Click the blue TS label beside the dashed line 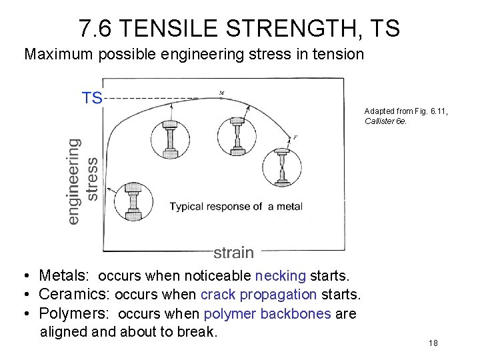[92, 98]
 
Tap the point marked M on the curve [221, 93]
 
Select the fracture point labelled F [294, 138]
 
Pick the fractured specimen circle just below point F [283, 167]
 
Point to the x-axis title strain [233, 253]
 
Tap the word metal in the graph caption [290, 206]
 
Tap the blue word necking [280, 275]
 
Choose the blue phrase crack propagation [259, 294]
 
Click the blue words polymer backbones [267, 313]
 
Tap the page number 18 [433, 343]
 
